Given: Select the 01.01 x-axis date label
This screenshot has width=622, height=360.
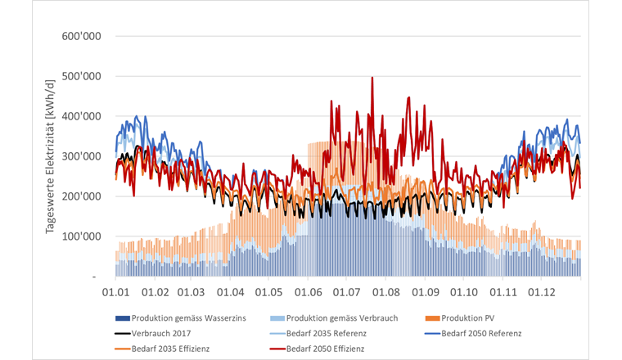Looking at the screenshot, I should pyautogui.click(x=115, y=292).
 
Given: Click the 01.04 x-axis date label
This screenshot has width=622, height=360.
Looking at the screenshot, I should pyautogui.click(x=231, y=292).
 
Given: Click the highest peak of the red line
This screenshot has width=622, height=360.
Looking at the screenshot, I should pyautogui.click(x=372, y=78).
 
